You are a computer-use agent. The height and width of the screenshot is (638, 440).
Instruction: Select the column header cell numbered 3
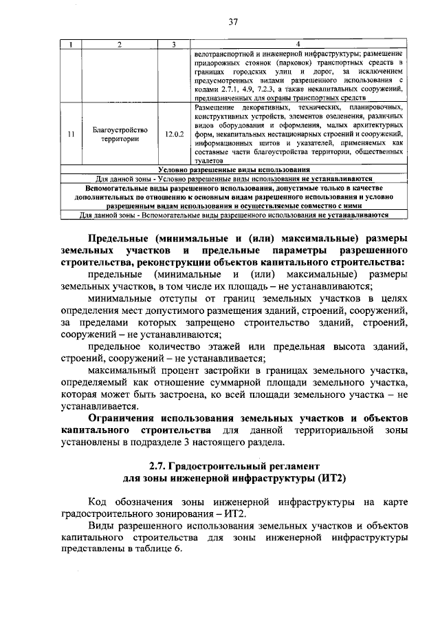[175, 45]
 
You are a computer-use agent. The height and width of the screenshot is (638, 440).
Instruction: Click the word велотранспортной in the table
[224, 53]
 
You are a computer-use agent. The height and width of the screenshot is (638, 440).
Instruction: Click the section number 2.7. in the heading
[162, 466]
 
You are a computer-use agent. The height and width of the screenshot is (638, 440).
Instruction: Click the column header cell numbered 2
[120, 45]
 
